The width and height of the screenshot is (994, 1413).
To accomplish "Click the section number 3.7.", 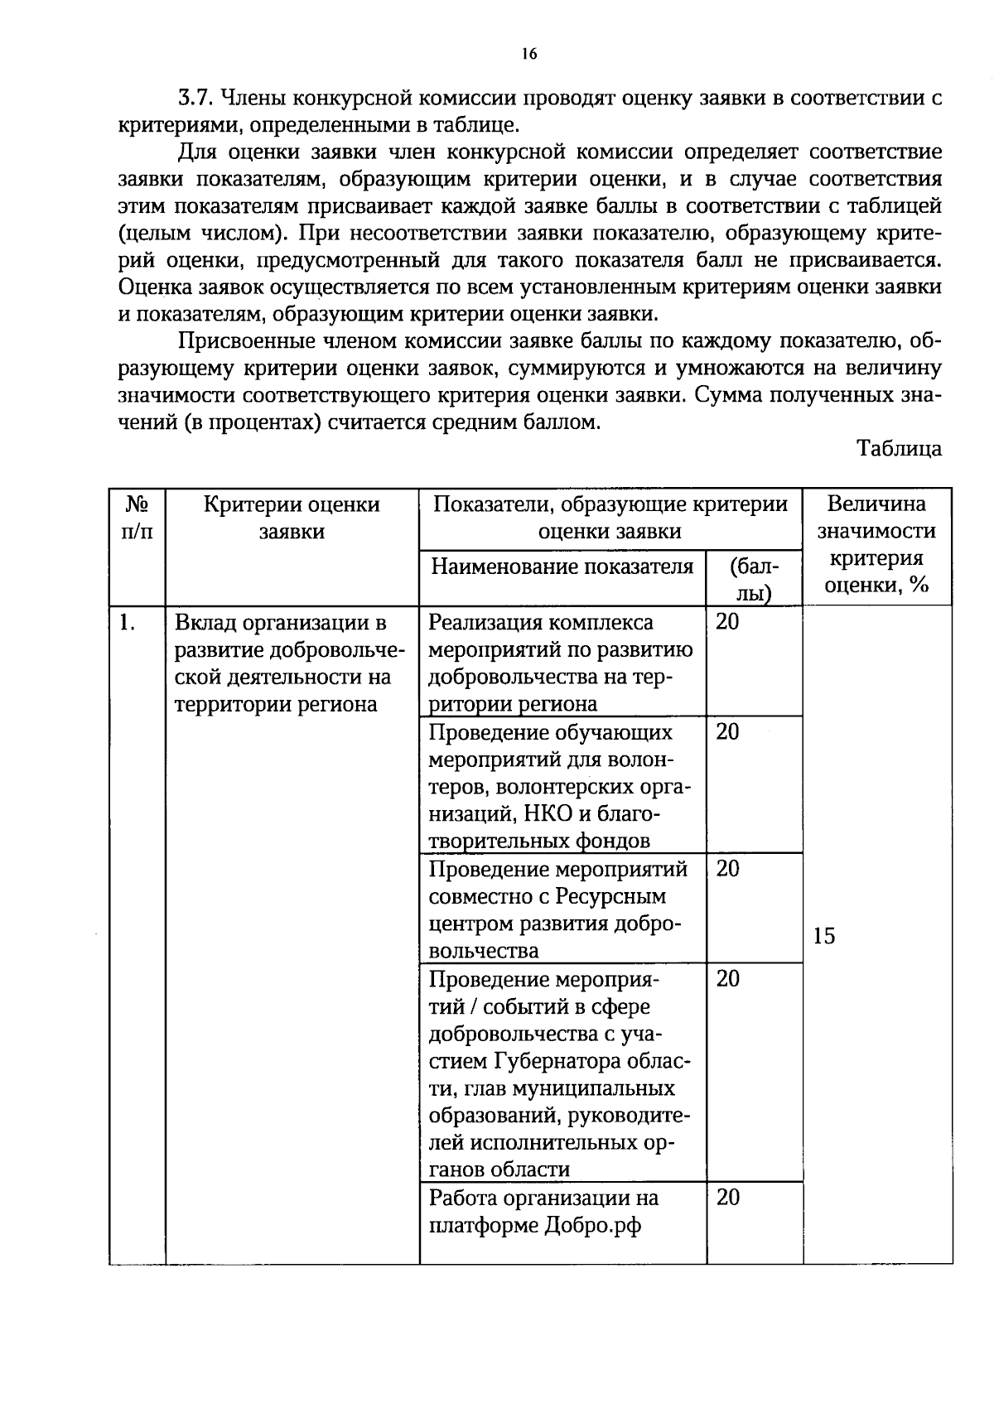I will point(197,99).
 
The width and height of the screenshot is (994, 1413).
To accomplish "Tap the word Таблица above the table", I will point(900,448).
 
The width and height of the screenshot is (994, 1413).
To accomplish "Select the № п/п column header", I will point(138,517).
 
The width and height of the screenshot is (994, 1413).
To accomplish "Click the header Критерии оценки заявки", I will point(292,517).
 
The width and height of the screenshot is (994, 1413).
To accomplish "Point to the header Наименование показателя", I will point(562,567).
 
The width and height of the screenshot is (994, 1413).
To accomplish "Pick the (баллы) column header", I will point(754,579).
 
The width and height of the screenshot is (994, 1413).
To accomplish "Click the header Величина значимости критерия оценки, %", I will point(876,544).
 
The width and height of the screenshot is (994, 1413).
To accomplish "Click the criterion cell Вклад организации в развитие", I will point(282,663).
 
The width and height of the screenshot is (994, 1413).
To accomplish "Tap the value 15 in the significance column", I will point(824,936).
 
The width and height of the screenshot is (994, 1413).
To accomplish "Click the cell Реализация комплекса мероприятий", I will point(561,663).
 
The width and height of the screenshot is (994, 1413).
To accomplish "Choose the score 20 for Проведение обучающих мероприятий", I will point(727,732).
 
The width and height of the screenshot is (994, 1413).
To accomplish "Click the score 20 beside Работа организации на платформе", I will point(727,1198).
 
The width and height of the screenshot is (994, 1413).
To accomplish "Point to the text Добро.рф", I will point(593,1225).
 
